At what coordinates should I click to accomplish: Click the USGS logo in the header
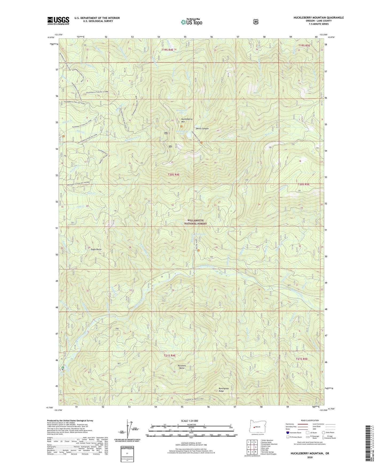tap(58, 20)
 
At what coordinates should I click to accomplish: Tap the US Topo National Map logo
tap(191, 22)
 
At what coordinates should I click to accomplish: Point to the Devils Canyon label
tap(202, 129)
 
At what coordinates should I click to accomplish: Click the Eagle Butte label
tap(96, 249)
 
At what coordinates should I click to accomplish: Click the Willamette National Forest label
tap(195, 222)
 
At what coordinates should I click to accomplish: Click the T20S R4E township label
tap(174, 174)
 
